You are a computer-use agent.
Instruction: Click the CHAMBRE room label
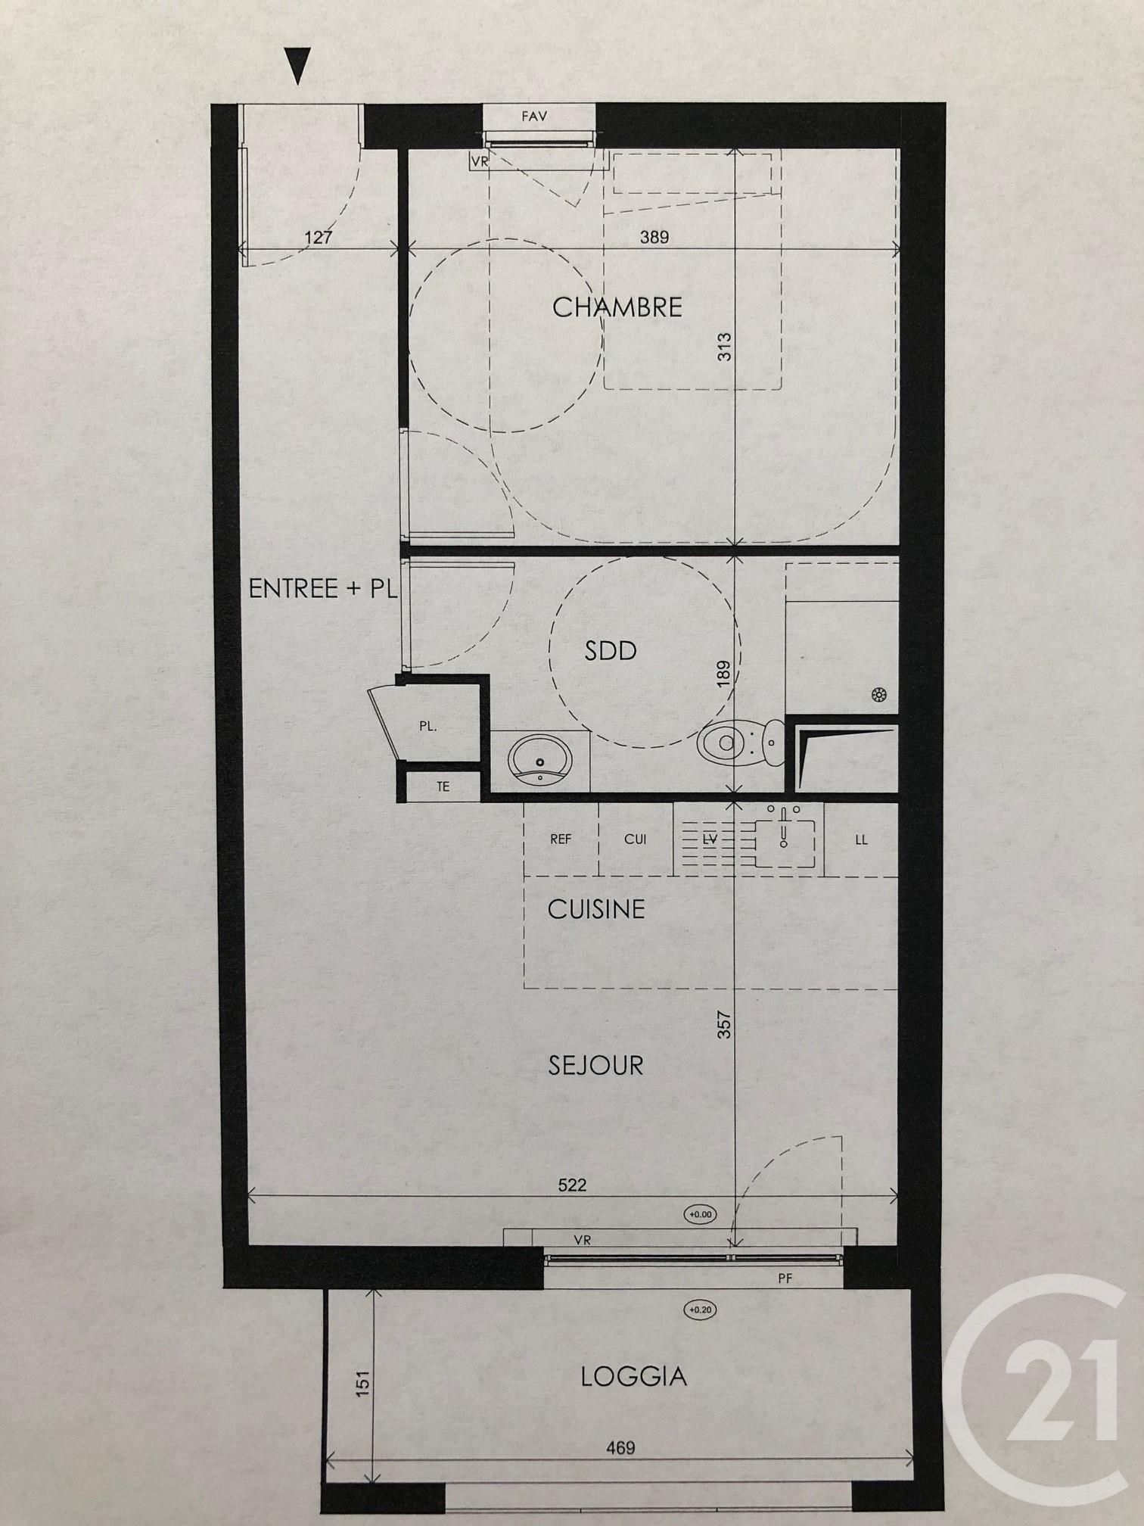(617, 307)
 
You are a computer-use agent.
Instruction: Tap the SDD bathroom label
(611, 650)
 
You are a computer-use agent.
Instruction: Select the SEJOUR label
(595, 1065)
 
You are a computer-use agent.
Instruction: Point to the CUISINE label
(596, 908)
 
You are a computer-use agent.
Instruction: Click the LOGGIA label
(634, 1375)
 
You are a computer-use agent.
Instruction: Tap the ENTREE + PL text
(323, 588)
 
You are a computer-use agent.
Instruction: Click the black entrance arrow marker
(299, 66)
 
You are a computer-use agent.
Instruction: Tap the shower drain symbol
(879, 694)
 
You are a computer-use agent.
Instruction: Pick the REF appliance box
(561, 839)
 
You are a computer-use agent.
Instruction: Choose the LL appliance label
(861, 839)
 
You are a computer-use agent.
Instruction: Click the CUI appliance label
(636, 839)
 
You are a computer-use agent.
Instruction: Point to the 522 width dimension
(572, 1185)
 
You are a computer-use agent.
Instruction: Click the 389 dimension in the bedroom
(654, 237)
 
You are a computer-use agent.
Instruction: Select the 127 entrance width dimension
(319, 237)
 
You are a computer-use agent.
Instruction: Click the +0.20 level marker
(701, 1310)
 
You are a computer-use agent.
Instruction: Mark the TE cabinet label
(443, 786)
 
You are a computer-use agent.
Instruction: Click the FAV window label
(534, 117)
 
